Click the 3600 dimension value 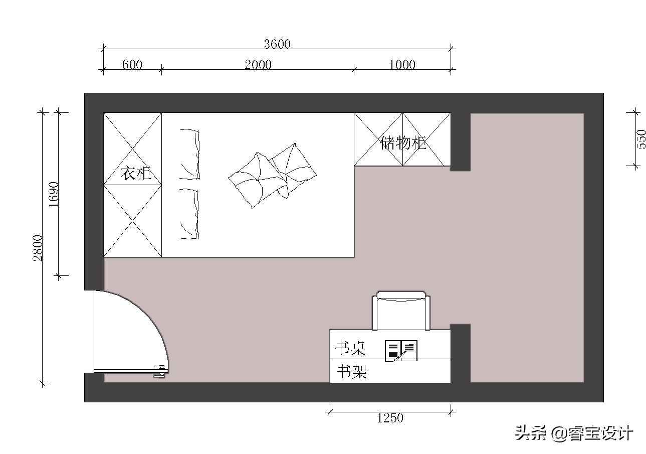point(277,44)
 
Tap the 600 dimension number point(132,65)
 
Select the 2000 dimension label point(258,65)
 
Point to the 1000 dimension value point(402,65)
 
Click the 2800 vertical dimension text point(38,248)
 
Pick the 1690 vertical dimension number point(54,195)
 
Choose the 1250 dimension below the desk point(390,418)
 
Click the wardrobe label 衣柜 point(136,174)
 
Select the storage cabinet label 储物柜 point(403,143)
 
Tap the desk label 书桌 point(350,348)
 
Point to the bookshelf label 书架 point(351,372)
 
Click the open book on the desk point(401,350)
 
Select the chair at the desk point(401,311)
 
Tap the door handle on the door point(160,371)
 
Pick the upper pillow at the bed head point(190,154)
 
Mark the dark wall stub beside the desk point(460,353)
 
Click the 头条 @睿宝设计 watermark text point(574,433)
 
